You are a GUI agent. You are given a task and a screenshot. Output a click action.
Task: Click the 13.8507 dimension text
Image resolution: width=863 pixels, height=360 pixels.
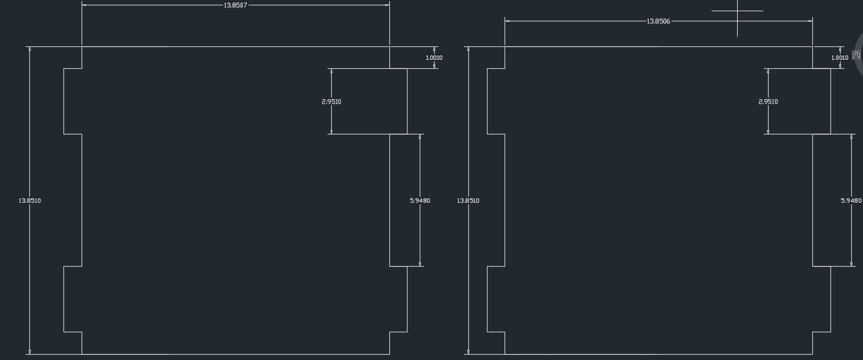point(235,5)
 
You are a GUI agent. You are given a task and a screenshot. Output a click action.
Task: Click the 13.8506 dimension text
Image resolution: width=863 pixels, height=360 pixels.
point(658,21)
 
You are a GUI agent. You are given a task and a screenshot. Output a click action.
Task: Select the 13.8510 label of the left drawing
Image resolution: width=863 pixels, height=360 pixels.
point(30,201)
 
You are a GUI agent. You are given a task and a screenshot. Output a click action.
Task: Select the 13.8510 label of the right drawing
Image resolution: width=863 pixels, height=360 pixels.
point(468,201)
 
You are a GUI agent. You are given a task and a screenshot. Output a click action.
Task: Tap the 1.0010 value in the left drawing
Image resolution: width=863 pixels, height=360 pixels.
point(434,58)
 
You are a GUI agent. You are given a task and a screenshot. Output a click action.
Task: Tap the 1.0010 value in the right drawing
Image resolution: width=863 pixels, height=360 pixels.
point(840,58)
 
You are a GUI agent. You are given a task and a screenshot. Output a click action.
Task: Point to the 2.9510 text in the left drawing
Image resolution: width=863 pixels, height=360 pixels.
point(331,101)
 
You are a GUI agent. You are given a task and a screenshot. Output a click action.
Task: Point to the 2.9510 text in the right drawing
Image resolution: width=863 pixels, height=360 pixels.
point(768,101)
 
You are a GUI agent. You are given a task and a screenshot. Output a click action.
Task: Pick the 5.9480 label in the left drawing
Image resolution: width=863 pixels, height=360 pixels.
point(420,201)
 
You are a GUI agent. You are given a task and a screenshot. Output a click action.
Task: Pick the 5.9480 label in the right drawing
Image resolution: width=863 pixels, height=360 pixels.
point(851,201)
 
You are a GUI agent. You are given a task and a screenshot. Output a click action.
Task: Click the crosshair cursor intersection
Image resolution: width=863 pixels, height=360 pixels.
point(738,11)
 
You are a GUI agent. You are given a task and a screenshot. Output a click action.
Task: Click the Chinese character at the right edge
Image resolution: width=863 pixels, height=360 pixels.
point(856,55)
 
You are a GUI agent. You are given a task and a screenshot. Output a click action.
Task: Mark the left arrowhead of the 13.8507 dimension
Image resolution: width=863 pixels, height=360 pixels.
point(84,5)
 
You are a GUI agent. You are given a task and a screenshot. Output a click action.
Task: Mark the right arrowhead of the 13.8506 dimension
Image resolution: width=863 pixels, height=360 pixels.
point(810,21)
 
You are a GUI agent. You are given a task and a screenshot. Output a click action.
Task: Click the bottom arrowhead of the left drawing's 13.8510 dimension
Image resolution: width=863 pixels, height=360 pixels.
point(30,351)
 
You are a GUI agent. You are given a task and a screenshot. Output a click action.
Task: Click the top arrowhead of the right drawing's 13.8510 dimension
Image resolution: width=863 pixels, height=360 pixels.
point(468,49)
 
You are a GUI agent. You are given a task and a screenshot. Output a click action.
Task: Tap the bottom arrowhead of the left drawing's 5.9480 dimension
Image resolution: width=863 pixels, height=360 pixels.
point(420,264)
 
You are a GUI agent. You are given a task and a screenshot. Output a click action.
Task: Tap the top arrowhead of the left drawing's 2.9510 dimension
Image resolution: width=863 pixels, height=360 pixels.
point(331,71)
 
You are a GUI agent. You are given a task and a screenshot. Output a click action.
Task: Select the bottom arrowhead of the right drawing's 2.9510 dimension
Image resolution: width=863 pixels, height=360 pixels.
point(768,132)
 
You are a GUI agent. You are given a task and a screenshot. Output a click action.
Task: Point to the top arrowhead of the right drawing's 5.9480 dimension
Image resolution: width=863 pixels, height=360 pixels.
point(851,137)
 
